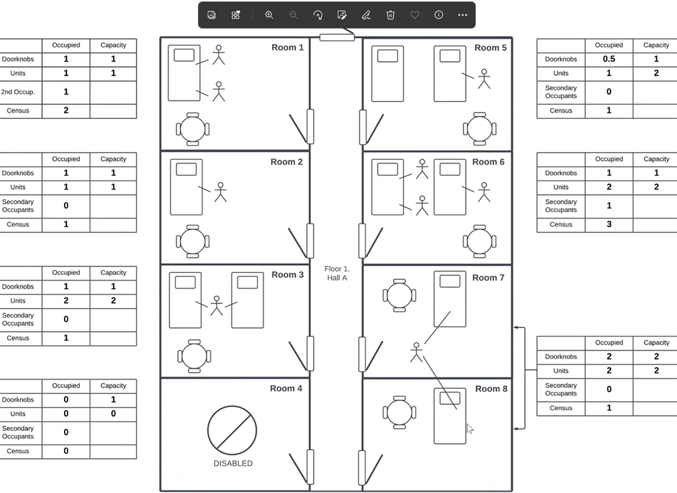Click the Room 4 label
click(x=286, y=388)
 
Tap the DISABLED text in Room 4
click(x=233, y=463)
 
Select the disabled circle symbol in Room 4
click(x=232, y=430)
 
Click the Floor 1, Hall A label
click(x=337, y=273)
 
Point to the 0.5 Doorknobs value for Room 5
click(x=608, y=59)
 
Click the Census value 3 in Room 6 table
click(x=608, y=225)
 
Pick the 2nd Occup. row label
click(x=17, y=92)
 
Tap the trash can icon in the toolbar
click(x=391, y=15)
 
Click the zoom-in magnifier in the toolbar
click(x=269, y=15)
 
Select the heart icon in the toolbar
click(x=414, y=15)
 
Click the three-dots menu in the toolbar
click(x=462, y=15)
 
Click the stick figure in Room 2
click(x=220, y=192)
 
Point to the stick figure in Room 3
click(x=217, y=305)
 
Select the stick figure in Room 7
click(x=416, y=352)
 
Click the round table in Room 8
click(x=400, y=412)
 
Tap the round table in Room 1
click(x=193, y=129)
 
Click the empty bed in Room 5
click(x=388, y=74)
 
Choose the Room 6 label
click(x=488, y=162)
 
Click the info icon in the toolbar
click(x=438, y=15)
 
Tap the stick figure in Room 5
click(x=484, y=79)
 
